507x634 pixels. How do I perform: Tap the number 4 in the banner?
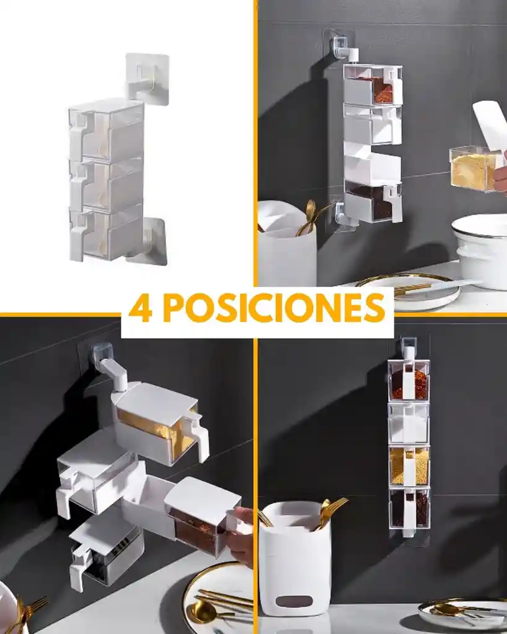141,308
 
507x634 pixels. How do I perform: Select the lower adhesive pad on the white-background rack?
149,241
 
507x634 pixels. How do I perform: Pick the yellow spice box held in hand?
474,168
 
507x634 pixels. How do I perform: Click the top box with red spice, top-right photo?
373,85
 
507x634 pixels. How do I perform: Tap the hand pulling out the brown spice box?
243,536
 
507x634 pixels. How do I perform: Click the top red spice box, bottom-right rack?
409,380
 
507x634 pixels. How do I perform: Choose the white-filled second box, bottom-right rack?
409,422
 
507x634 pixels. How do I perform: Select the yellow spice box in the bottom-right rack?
409,466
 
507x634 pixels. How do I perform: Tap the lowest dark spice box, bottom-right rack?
409,508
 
